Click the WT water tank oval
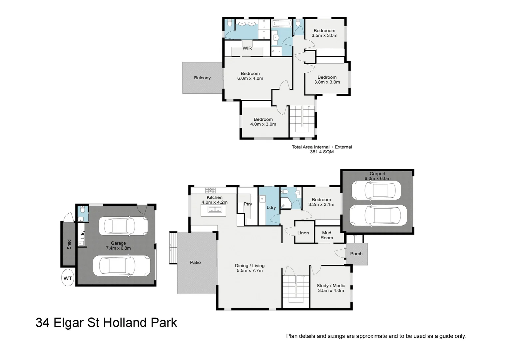point(68,278)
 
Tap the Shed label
point(69,244)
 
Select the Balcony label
point(202,78)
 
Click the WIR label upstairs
point(247,48)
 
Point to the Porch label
point(356,254)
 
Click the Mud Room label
point(326,235)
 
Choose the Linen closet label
point(303,233)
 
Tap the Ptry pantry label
point(248,204)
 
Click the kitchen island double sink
point(215,210)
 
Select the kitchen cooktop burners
point(210,190)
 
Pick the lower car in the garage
point(121,266)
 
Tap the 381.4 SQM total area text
point(321,152)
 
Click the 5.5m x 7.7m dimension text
point(250,270)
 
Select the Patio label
point(195,262)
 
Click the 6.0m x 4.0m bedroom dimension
point(250,78)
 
